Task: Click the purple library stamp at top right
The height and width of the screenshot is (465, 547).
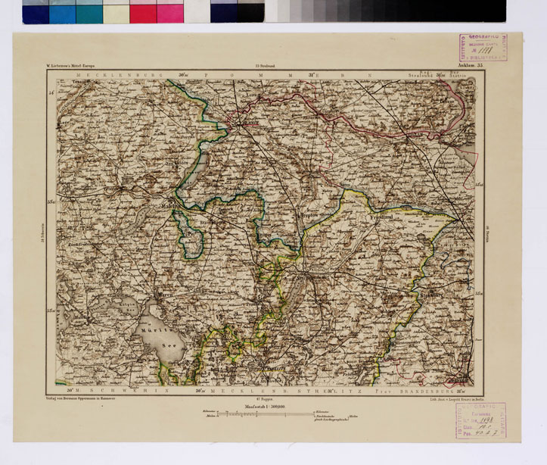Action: [482, 47]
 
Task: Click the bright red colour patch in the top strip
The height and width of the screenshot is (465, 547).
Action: [143, 12]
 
